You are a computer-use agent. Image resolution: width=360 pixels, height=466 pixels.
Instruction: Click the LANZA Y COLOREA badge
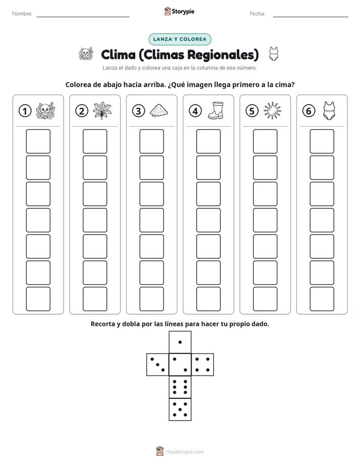(x=179, y=39)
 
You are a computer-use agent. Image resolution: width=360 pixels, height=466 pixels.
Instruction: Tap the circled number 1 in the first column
(x=25, y=111)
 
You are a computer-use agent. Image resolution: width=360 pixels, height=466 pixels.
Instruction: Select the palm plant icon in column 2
(x=102, y=110)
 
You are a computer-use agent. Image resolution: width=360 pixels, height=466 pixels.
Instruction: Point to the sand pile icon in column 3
(x=159, y=110)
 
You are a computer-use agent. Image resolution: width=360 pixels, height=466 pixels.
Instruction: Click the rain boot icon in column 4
(x=216, y=110)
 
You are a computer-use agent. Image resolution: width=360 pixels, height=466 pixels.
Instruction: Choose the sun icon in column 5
(x=272, y=110)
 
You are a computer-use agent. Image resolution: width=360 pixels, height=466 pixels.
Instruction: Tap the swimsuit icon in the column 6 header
(x=329, y=110)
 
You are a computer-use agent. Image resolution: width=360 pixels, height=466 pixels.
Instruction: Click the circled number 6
(x=309, y=111)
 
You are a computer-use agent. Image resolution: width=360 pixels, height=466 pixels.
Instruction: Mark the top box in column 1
(x=38, y=141)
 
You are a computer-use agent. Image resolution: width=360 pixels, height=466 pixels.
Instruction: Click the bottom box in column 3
(x=151, y=299)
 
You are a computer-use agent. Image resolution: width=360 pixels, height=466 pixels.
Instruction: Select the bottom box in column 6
(x=322, y=299)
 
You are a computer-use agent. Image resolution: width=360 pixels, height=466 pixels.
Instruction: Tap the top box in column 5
(x=265, y=141)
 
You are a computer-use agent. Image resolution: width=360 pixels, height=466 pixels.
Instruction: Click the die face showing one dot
(x=180, y=342)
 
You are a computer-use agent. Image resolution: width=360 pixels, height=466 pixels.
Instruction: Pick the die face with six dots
(x=180, y=387)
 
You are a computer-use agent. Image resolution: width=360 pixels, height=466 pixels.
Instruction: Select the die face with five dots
(x=180, y=409)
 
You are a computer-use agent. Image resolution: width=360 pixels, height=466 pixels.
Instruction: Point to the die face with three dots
(x=158, y=365)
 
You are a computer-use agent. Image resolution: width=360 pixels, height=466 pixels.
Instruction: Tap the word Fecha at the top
(x=257, y=14)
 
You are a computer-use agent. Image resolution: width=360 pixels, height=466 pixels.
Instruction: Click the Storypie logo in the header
(x=179, y=11)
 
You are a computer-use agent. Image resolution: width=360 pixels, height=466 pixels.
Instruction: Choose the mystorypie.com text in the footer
(x=185, y=452)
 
